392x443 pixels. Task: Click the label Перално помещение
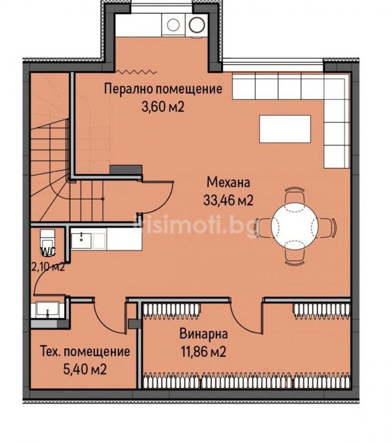coord(163,89)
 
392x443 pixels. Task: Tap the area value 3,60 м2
coord(163,106)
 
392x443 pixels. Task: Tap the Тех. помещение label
coord(85,351)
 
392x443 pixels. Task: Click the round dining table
coord(294,224)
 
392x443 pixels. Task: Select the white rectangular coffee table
coord(284,129)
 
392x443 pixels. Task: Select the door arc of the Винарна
coord(244,313)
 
